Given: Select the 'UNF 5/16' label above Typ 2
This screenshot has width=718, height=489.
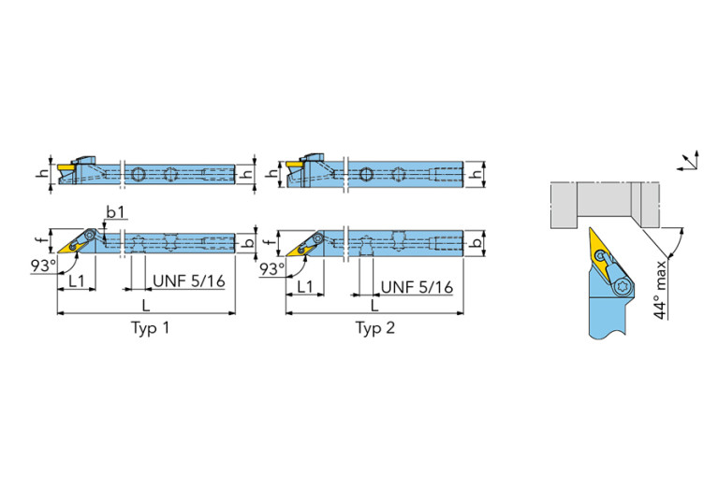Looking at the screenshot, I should (413, 286).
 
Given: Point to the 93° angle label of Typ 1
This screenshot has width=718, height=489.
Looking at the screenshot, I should (42, 266).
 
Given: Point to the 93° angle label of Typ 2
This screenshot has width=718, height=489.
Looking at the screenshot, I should (271, 268).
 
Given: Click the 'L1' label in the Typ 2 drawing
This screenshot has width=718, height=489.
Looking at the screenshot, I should (305, 285).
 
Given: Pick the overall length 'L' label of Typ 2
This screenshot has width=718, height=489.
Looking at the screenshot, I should (374, 305).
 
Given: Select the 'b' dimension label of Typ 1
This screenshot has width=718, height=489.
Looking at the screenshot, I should (251, 241).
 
